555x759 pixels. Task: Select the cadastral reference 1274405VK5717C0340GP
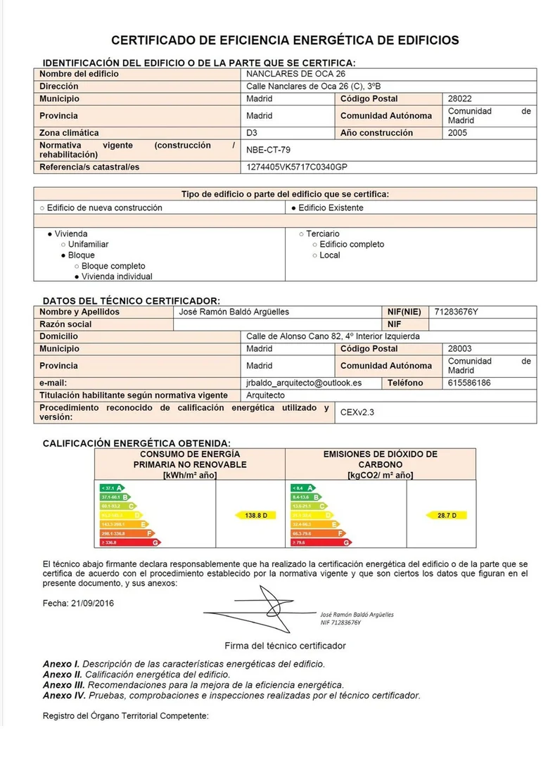click(x=297, y=167)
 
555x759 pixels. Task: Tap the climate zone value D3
click(x=253, y=133)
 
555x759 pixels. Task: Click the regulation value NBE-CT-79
click(x=268, y=150)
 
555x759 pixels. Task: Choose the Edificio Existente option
click(x=328, y=208)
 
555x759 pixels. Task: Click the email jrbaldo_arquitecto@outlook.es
click(x=304, y=383)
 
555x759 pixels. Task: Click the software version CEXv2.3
click(x=357, y=412)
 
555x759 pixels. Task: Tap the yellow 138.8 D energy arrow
click(x=253, y=516)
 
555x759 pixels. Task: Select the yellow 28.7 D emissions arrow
click(x=447, y=516)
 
